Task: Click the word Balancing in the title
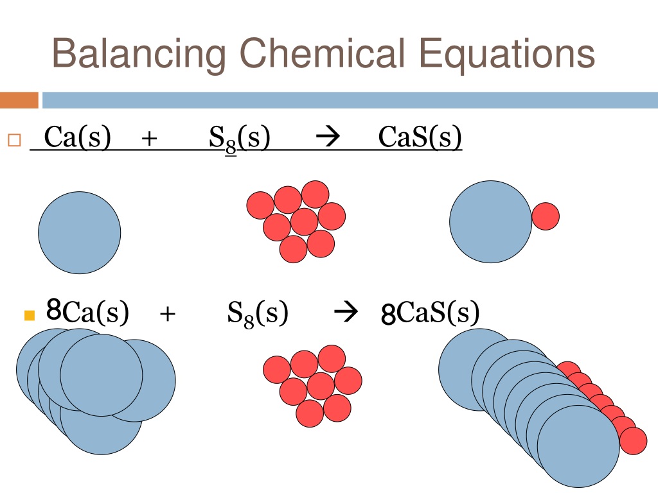[139, 54]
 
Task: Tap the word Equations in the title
[507, 55]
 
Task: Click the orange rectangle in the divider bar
[19, 100]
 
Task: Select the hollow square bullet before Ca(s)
[14, 140]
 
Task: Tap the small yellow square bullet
[30, 315]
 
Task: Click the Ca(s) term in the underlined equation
[78, 137]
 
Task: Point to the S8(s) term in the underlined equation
[240, 139]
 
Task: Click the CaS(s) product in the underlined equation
[420, 137]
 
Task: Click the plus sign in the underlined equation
[149, 138]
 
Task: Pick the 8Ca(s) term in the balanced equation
[87, 311]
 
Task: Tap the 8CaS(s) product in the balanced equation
[430, 313]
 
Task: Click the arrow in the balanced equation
[346, 311]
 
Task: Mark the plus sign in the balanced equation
[168, 313]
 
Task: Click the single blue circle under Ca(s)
[79, 232]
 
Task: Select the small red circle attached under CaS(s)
[546, 216]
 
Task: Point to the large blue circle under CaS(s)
[490, 221]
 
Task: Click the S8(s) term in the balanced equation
[258, 313]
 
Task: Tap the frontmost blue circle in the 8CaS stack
[578, 447]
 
